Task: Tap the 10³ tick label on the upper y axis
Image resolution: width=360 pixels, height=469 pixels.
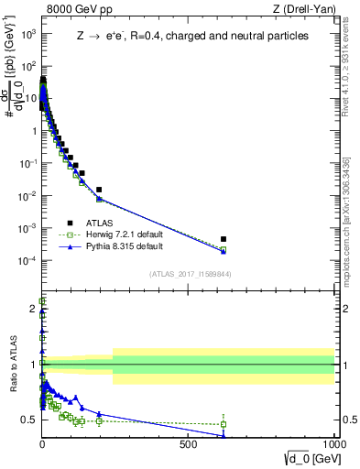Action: [x=27, y=34]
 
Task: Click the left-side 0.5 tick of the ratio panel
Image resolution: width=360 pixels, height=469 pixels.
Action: [x=30, y=420]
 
